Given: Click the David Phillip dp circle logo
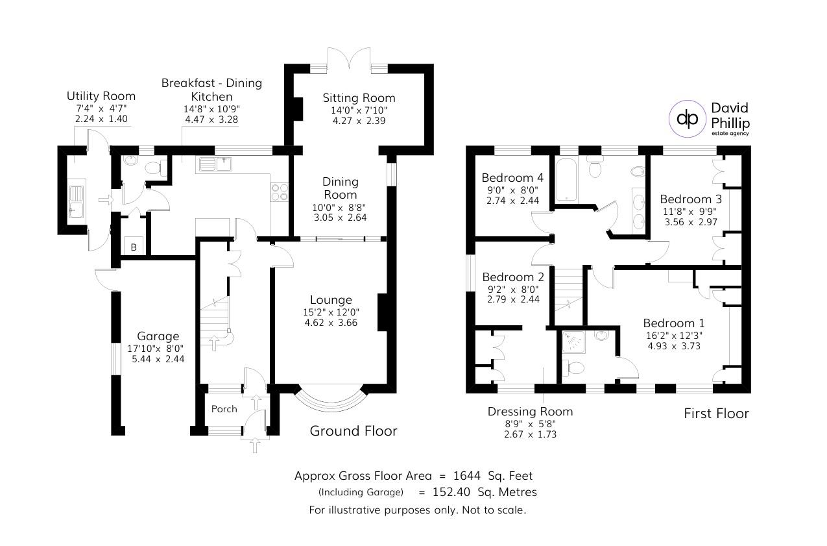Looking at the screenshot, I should (x=688, y=118).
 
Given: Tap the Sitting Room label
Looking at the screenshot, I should (x=359, y=98).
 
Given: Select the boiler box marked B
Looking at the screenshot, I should (x=134, y=247).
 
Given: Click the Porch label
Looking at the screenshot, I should (x=224, y=409).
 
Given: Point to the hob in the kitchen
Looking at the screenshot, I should (x=280, y=192).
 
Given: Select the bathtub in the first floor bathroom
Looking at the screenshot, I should (x=566, y=179).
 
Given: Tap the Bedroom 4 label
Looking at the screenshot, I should (x=512, y=178).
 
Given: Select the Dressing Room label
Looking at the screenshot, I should (x=530, y=411).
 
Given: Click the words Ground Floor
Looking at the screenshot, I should (x=353, y=430).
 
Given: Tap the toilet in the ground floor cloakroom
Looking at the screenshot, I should (x=154, y=168).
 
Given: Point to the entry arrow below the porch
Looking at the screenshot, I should (x=254, y=445).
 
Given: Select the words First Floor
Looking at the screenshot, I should (x=716, y=414).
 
